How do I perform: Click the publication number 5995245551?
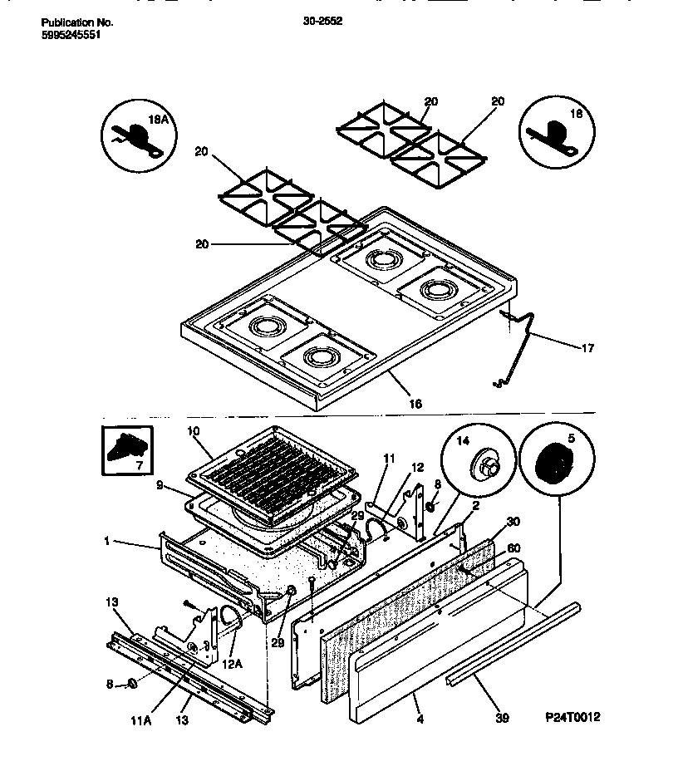coord(71,36)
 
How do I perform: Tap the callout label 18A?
coord(157,120)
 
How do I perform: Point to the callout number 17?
coord(587,348)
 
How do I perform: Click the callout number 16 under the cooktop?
coord(415,404)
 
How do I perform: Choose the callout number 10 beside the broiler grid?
coord(194,431)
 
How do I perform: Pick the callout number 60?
coord(513,548)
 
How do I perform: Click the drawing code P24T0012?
coord(572,717)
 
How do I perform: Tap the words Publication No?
coord(76,23)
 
